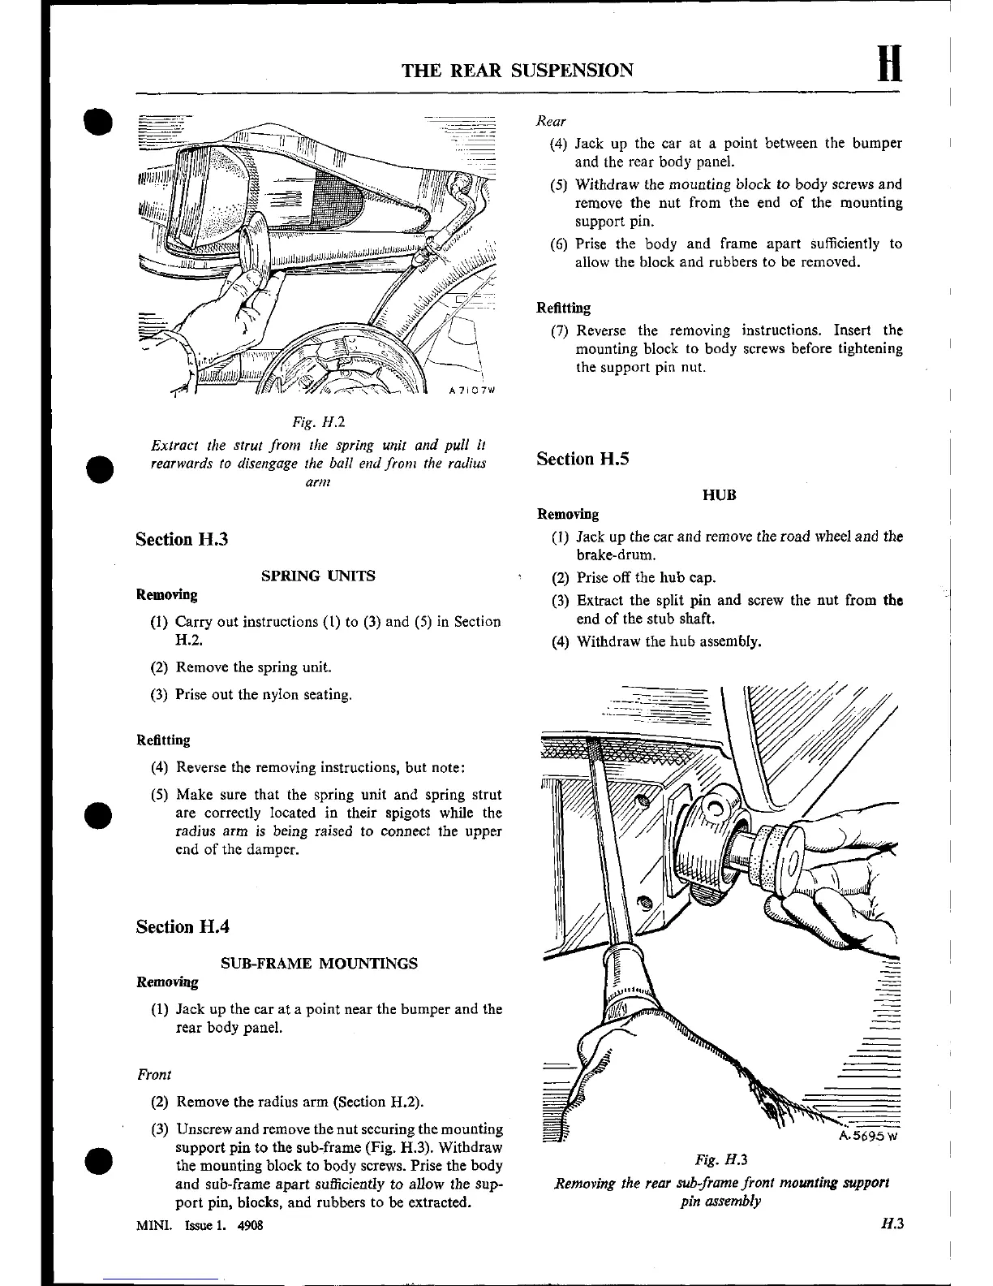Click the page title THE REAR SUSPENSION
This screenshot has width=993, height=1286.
[518, 70]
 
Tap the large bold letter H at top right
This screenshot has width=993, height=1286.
[889, 63]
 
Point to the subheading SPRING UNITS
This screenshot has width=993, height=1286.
[318, 576]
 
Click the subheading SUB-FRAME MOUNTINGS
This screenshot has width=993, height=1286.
[319, 963]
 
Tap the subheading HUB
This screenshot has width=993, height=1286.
[719, 495]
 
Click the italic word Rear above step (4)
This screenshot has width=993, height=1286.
[551, 121]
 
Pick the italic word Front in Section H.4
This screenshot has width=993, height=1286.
[154, 1074]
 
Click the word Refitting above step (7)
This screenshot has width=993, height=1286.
[563, 308]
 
